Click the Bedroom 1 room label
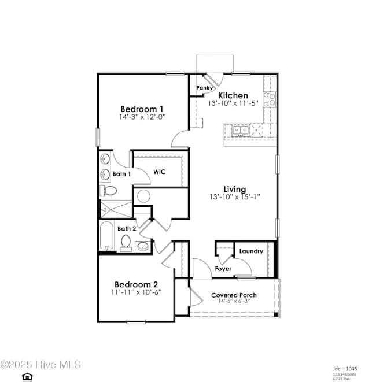pyautogui.click(x=142, y=109)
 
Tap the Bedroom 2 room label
pyautogui.click(x=136, y=284)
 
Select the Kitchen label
pyautogui.click(x=233, y=95)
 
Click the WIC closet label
pyautogui.click(x=160, y=172)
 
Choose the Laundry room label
pyautogui.click(x=251, y=251)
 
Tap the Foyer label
pyautogui.click(x=223, y=269)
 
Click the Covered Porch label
pyautogui.click(x=234, y=295)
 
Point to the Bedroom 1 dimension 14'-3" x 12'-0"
pyautogui.click(x=142, y=117)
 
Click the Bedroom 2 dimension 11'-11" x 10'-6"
pyautogui.click(x=137, y=292)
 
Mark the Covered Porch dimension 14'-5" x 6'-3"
pyautogui.click(x=234, y=302)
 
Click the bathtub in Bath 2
pyautogui.click(x=106, y=236)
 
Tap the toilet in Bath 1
pyautogui.click(x=110, y=191)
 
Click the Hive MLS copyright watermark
pyautogui.click(x=40, y=365)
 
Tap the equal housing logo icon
pyautogui.click(x=26, y=377)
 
